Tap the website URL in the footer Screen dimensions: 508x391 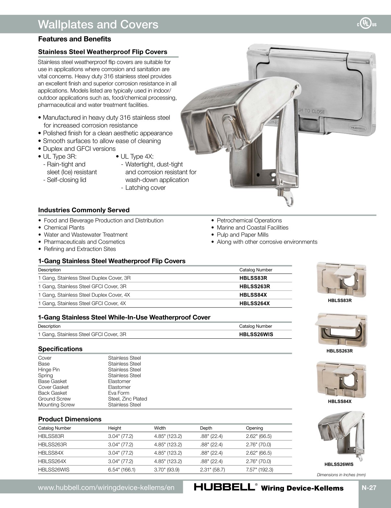(x=106, y=488)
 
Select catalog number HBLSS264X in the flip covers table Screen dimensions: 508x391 (x=255, y=303)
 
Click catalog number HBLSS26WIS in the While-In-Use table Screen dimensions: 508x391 (x=256, y=334)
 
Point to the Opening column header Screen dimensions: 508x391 (x=255, y=428)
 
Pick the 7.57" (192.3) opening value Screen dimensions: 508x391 (x=259, y=470)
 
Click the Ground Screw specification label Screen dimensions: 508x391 (x=54, y=399)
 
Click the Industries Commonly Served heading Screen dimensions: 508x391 (x=84, y=210)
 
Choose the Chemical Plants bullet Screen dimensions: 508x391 (x=64, y=227)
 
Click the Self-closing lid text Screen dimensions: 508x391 (x=66, y=180)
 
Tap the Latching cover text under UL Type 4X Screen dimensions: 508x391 (x=145, y=187)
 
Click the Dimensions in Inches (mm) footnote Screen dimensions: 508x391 (x=341, y=475)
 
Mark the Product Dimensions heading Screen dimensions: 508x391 (x=70, y=419)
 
